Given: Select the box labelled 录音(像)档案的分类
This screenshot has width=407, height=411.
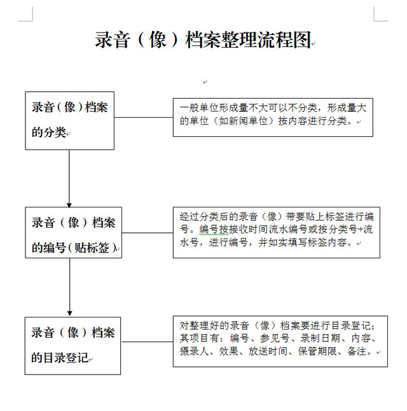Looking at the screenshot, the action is (70, 121).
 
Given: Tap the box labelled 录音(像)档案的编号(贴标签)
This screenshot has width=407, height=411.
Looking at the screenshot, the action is (73, 232).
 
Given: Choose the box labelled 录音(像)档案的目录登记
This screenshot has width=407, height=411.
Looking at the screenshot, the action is (72, 345).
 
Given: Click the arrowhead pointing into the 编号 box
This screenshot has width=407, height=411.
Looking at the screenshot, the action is (69, 205).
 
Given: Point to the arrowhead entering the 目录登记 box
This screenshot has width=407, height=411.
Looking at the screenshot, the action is (70, 314).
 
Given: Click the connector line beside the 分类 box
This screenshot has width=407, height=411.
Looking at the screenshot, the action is (144, 117).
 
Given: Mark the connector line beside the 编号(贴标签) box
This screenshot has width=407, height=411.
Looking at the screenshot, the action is (148, 232).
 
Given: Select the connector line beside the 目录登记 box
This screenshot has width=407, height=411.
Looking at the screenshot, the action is (147, 342).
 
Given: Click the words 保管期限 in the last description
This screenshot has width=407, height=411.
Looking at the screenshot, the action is (317, 351).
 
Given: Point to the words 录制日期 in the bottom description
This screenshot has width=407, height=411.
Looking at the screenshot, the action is (320, 338).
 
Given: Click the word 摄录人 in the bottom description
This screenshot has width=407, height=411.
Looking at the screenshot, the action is (194, 351).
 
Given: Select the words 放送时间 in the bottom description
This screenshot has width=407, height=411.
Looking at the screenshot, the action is (268, 351).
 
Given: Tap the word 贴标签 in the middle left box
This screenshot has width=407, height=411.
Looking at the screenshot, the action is (92, 247).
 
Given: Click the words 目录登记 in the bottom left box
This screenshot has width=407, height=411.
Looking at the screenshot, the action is (66, 358).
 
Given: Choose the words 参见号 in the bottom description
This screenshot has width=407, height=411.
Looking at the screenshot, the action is (274, 338).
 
